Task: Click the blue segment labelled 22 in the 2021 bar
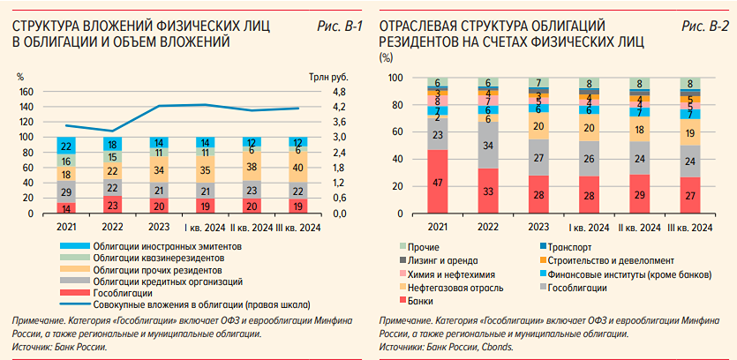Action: [x=66, y=146]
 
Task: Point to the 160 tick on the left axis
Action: [x=26, y=92]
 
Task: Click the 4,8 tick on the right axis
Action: [x=314, y=92]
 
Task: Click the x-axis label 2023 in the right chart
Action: [x=538, y=228]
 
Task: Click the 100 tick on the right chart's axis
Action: [x=395, y=78]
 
